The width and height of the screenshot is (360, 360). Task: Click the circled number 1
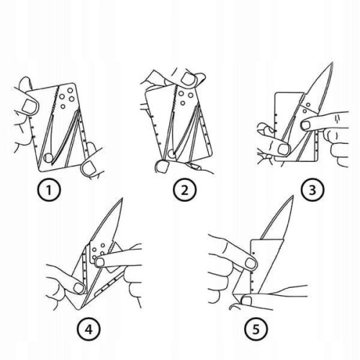(49, 190)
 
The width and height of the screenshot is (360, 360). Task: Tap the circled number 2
(184, 190)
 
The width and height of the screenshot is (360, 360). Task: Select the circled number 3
(312, 189)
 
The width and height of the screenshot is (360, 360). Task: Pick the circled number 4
(89, 329)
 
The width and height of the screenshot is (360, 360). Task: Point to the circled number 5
(256, 328)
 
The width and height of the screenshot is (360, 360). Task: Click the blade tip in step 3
(333, 63)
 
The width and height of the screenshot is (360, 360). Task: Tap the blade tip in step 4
(122, 198)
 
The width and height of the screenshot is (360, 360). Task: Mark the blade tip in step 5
(293, 196)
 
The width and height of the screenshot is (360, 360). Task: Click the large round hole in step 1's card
(49, 158)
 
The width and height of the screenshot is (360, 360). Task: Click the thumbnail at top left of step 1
(30, 106)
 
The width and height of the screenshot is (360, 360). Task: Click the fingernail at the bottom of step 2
(163, 166)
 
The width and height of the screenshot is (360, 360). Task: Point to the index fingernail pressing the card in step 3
(305, 125)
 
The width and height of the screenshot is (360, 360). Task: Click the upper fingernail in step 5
(250, 263)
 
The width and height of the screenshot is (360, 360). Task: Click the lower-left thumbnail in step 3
(284, 149)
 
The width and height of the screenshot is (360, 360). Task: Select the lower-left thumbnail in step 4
(78, 288)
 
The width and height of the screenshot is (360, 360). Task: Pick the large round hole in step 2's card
(171, 153)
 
